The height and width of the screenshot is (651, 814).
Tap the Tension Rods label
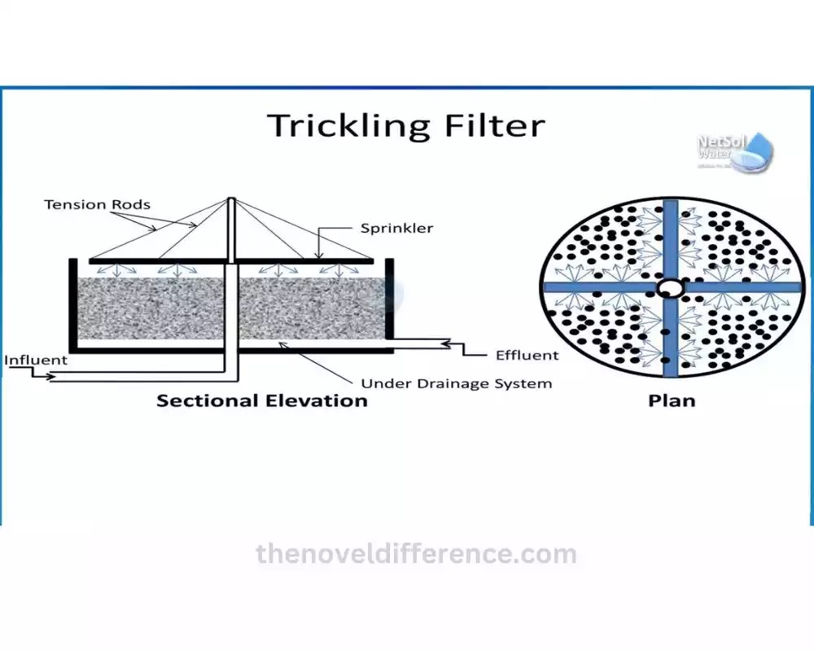click(x=97, y=204)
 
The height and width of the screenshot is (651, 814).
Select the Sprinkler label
click(x=397, y=229)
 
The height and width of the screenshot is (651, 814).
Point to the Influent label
click(x=36, y=360)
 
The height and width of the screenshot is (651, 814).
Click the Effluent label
click(x=527, y=355)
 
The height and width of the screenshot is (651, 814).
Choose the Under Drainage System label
click(x=456, y=383)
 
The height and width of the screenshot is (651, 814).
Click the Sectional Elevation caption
click(x=261, y=400)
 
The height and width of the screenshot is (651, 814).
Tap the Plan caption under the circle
click(x=672, y=400)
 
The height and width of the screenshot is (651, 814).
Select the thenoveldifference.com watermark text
click(x=416, y=555)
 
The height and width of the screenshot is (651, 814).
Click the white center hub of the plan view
click(x=671, y=287)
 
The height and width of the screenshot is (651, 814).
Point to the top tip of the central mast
click(x=232, y=200)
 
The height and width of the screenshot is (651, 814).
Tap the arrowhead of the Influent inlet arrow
click(x=53, y=377)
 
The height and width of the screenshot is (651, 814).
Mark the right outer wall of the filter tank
click(x=389, y=303)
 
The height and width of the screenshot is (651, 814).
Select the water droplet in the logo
click(x=760, y=151)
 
